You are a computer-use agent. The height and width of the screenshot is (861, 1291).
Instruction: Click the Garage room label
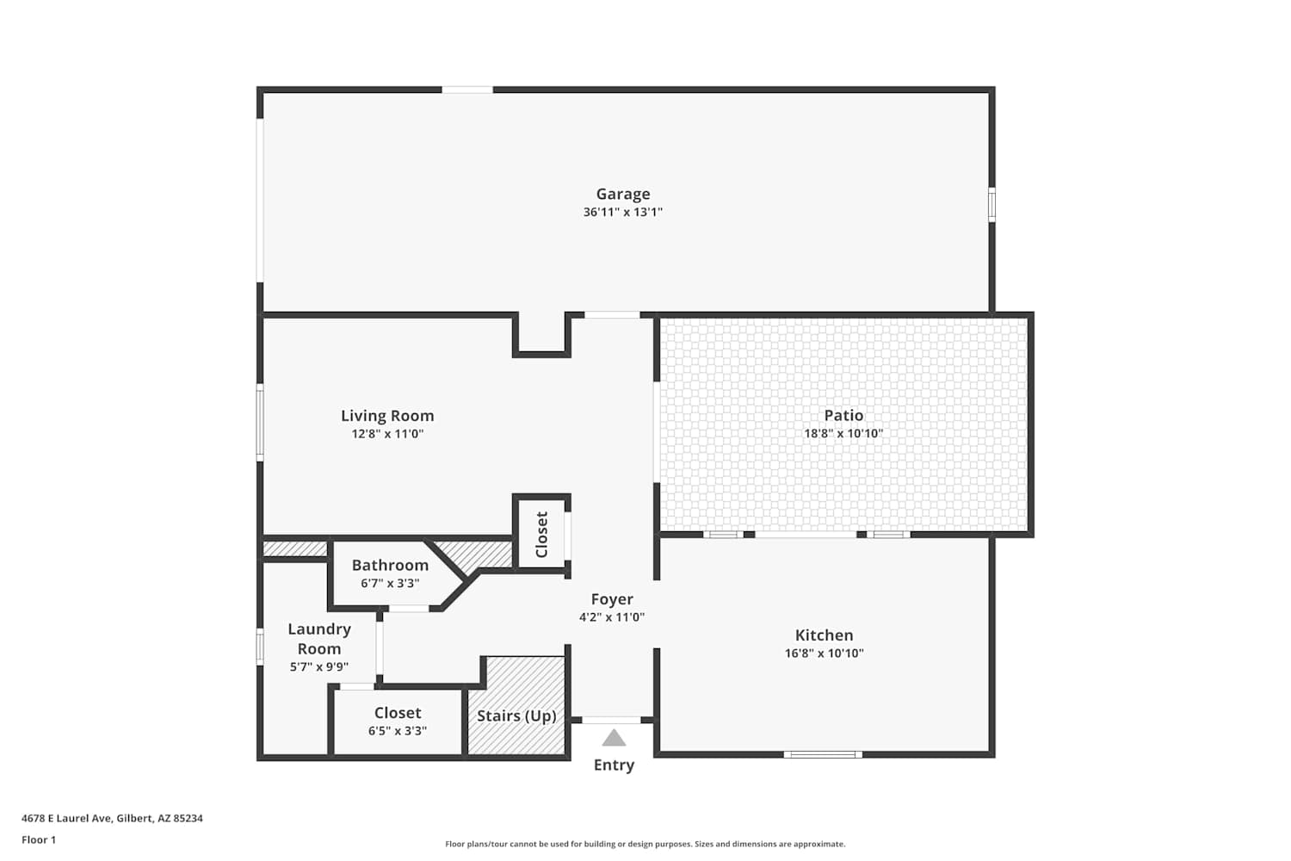point(622,194)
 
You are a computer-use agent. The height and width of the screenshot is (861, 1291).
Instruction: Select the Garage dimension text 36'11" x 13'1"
point(622,212)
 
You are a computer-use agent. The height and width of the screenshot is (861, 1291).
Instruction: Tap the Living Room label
point(387,416)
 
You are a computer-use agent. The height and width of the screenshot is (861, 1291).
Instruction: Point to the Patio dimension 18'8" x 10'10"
point(843,433)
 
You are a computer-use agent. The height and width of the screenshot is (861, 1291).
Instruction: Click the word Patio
point(843,415)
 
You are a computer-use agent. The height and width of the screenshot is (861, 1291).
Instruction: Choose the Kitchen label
point(825,635)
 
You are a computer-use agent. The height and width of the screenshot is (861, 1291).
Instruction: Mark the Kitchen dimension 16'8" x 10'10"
point(825,653)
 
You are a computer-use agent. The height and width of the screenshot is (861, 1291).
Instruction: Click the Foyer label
point(612,599)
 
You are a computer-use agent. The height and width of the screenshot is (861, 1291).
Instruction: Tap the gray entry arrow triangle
point(614,738)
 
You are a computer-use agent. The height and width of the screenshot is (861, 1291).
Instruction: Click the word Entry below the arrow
point(614,765)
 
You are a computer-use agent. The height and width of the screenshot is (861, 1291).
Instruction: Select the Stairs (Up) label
point(516,715)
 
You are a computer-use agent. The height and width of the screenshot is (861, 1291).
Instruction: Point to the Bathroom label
point(390,565)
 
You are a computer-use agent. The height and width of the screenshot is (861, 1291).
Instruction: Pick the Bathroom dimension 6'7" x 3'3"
point(390,583)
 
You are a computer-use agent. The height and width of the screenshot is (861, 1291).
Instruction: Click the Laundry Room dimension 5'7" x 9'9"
point(318,667)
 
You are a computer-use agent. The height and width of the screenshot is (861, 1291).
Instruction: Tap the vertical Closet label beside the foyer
point(541,535)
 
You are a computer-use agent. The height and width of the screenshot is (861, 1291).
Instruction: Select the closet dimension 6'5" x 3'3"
point(398,731)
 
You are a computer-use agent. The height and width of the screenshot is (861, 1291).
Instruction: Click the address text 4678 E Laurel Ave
point(66,818)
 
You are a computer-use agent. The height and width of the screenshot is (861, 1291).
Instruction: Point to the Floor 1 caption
point(39,839)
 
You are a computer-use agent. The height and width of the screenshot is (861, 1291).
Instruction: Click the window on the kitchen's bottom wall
point(823,754)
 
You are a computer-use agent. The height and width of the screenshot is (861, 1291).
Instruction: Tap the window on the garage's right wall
point(991,204)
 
